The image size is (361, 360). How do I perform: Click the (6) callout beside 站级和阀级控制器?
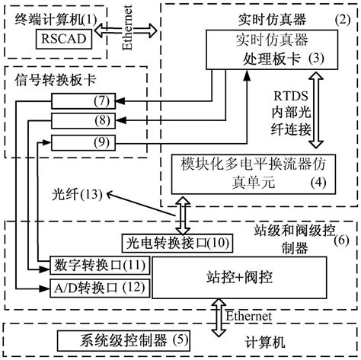point(342,240)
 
